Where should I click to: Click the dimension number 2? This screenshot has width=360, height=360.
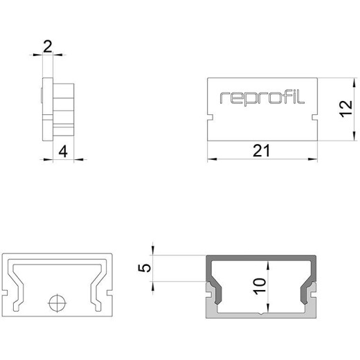tap(48, 46)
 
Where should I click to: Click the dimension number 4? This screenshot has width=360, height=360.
tap(63, 152)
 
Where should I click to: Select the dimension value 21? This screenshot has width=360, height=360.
tap(261, 151)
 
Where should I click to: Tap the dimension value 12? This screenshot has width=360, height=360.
tap(347, 109)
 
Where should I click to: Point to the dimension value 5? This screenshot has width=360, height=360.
tap(145, 268)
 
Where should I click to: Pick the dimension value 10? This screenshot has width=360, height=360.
tap(260, 286)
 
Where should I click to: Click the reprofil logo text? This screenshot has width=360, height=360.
tap(262, 98)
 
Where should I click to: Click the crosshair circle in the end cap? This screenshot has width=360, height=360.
tap(57, 303)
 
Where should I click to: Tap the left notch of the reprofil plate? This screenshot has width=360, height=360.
tap(210, 117)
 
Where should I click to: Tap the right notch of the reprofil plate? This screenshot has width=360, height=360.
tap(315, 117)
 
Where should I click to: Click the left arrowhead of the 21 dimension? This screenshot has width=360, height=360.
tap(212, 159)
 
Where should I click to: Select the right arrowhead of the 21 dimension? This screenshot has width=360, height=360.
tap(313, 159)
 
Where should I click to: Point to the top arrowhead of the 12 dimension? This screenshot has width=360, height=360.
tap(354, 83)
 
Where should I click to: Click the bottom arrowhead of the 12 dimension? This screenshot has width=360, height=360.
tap(354, 136)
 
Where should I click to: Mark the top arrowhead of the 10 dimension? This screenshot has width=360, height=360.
tap(268, 265)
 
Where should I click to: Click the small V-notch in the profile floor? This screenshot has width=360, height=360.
tap(261, 314)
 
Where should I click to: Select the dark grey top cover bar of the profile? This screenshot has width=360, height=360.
tap(261, 258)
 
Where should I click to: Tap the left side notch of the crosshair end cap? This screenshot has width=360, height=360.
tap(5, 293)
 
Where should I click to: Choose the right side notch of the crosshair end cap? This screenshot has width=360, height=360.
tap(109, 293)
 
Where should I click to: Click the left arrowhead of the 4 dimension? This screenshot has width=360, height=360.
tap(48, 159)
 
